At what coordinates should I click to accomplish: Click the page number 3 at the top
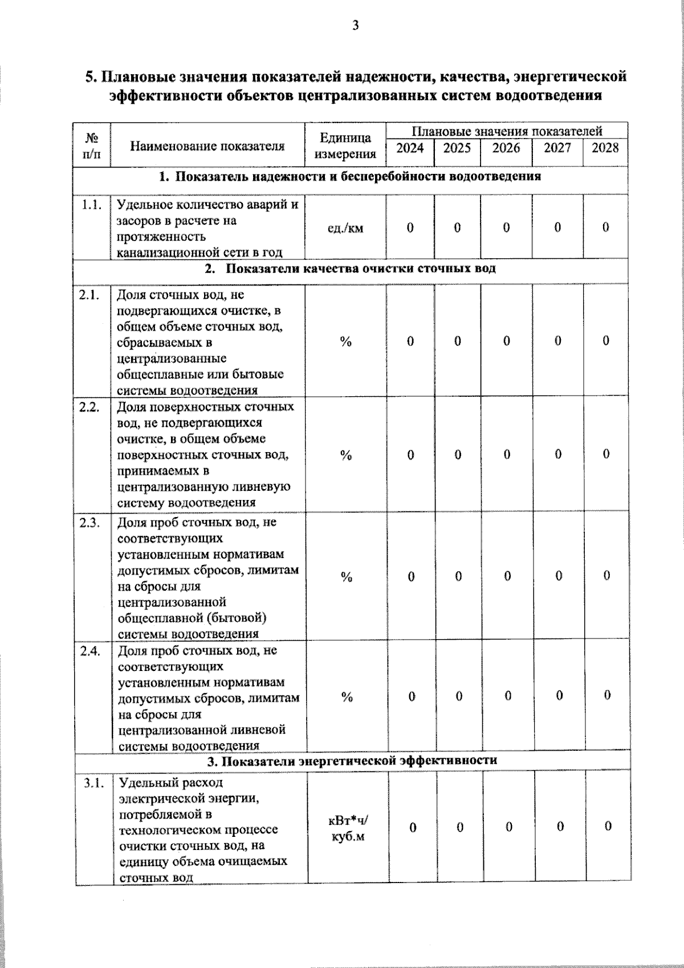point(356,25)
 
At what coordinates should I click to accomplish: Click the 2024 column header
point(410,148)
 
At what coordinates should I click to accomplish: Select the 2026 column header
point(506,148)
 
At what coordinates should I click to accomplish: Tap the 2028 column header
point(605,148)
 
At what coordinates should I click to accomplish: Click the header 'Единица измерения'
point(345,145)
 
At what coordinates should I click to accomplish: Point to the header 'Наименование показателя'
point(207,146)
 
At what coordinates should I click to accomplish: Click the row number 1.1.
point(92,205)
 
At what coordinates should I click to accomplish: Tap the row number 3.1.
point(93,783)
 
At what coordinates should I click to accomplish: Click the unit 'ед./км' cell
point(345,229)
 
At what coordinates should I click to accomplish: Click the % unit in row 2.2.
point(346,455)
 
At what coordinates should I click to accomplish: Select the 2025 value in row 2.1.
point(457,341)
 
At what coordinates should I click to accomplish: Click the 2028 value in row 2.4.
point(607,696)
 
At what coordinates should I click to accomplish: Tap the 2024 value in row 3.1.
point(412,827)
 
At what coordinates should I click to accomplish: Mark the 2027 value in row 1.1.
point(557,227)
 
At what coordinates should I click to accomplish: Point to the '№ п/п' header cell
point(91,146)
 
